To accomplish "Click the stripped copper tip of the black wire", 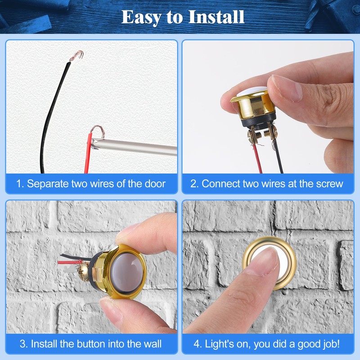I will tap(77, 56).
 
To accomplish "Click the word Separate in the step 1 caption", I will tap(47, 184).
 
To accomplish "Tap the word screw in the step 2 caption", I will tap(330, 184).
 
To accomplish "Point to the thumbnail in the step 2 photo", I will tap(288, 87).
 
